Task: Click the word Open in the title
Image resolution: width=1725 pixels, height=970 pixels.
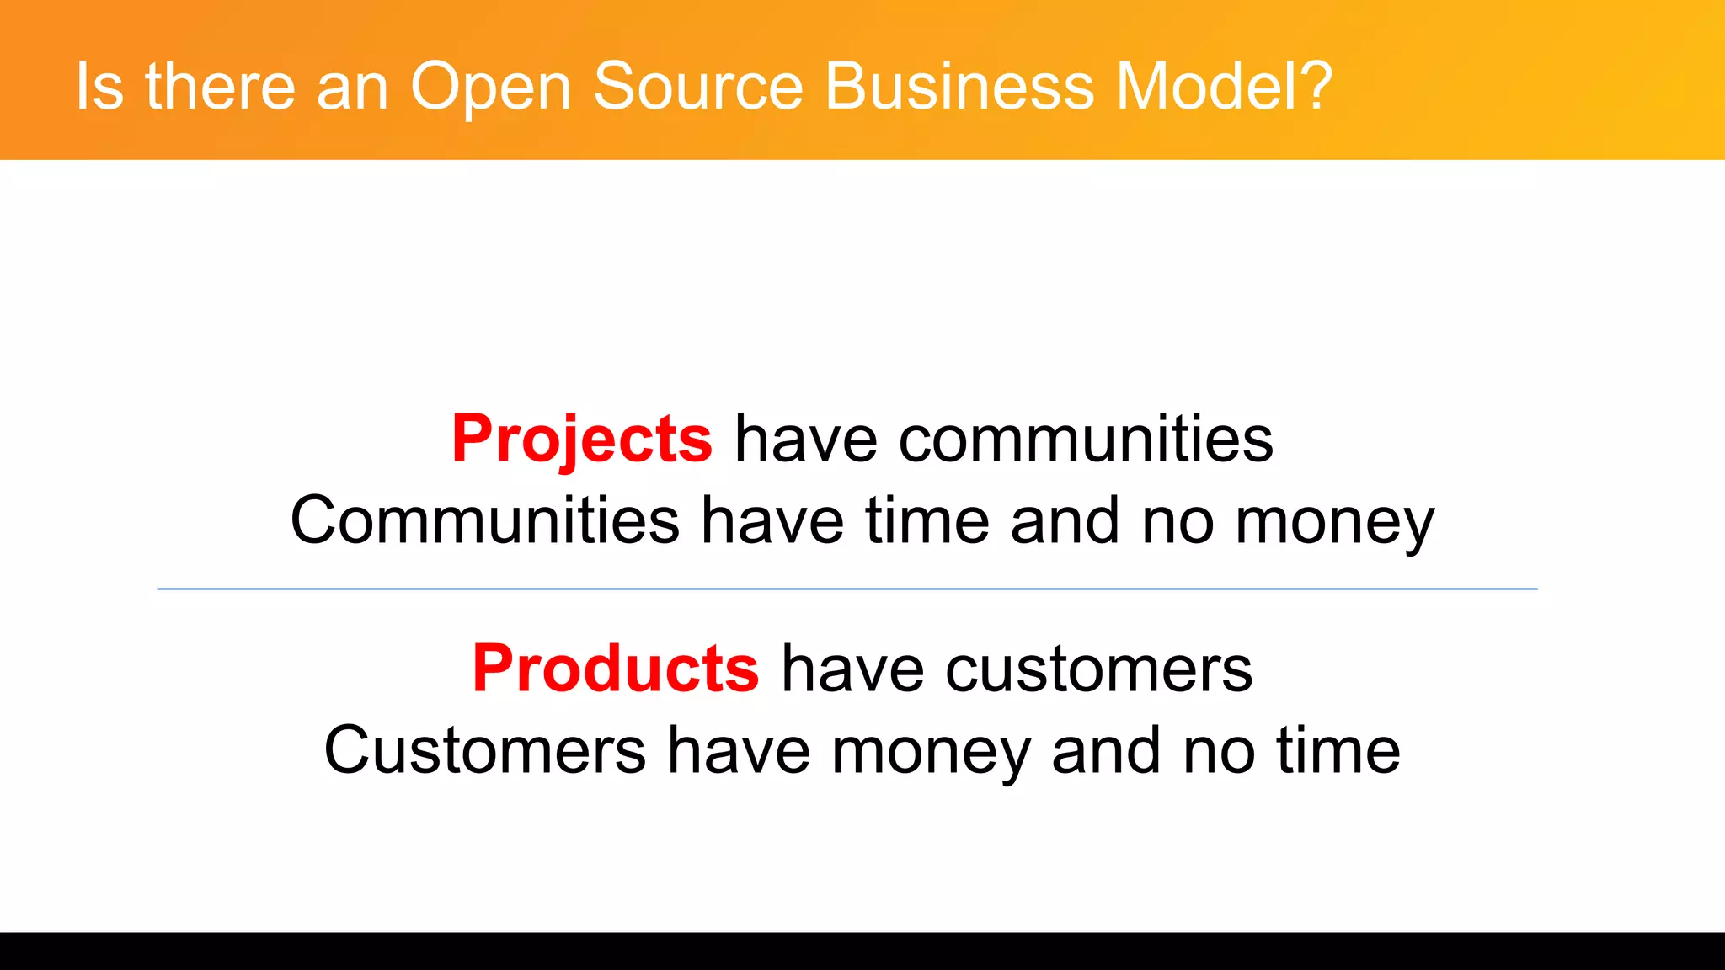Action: pos(490,88)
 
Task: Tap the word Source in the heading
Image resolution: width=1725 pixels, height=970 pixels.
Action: pos(698,86)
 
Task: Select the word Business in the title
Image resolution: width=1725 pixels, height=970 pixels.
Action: pos(959,86)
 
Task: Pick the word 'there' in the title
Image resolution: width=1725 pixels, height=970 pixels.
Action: pos(220,86)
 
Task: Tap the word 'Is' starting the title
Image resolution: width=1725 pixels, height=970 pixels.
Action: pos(99,86)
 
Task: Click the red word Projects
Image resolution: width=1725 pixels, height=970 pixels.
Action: pos(582,439)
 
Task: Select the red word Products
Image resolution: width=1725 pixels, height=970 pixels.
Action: pos(616,669)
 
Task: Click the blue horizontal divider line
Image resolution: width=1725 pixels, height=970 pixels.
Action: pos(847,589)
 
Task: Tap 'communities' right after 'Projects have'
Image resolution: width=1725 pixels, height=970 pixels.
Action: pos(1086,439)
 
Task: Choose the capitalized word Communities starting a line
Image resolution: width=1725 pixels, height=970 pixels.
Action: pos(485,520)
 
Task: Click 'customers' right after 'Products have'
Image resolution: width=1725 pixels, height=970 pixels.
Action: pos(1098,669)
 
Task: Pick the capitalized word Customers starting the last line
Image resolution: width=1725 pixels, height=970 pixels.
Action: pos(485,750)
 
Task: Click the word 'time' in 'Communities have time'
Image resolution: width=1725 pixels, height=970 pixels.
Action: pos(927,520)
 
